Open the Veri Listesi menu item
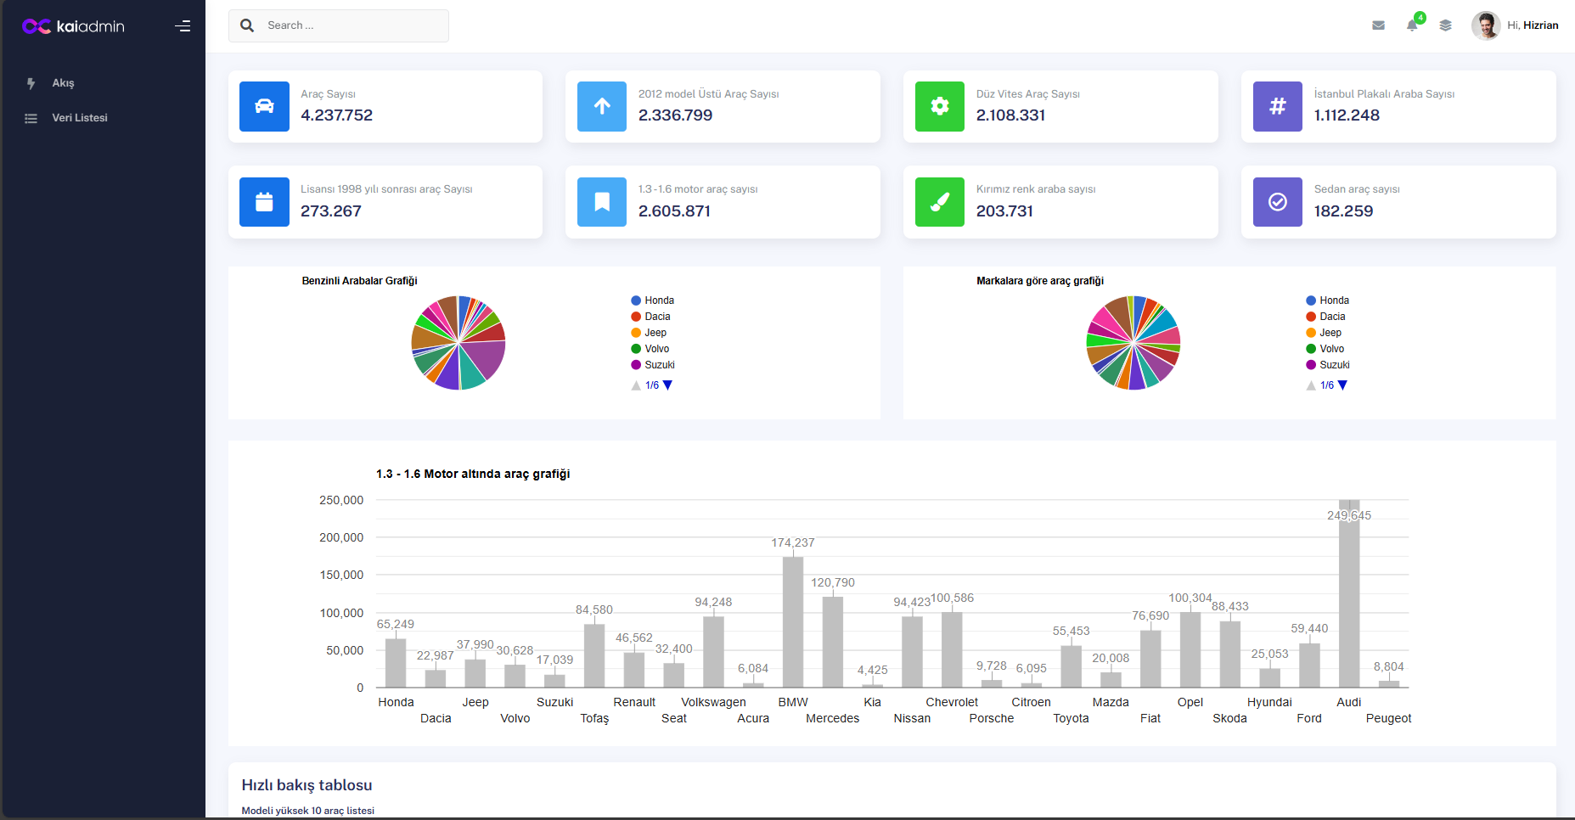tap(79, 118)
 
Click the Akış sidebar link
tap(63, 83)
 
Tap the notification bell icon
tap(1411, 25)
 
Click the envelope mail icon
tap(1378, 25)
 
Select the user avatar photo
tap(1485, 25)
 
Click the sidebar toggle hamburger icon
tap(183, 26)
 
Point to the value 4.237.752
tap(336, 115)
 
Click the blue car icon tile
tap(264, 106)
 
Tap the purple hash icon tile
tap(1277, 106)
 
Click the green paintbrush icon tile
tap(939, 202)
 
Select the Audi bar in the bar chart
tap(1348, 594)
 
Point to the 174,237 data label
tap(792, 542)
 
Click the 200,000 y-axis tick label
tap(341, 537)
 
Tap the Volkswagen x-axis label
tap(713, 702)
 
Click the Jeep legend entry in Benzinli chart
tap(655, 333)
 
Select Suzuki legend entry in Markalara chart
tap(1334, 365)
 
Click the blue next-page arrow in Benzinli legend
tap(667, 385)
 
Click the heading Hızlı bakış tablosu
tap(307, 785)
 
